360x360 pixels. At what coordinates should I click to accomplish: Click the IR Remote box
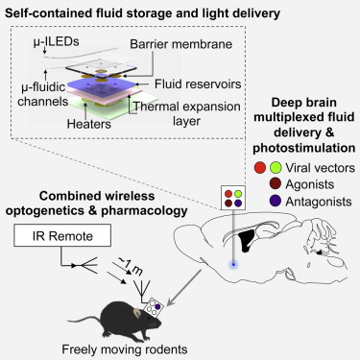coord(62,235)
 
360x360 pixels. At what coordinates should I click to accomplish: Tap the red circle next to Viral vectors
coord(260,168)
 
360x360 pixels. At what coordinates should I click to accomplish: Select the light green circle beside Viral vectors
coord(276,168)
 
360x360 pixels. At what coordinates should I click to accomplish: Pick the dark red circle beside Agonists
coord(276,184)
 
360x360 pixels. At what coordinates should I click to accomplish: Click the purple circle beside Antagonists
coord(276,201)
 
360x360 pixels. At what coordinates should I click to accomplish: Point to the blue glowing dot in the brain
coord(233,264)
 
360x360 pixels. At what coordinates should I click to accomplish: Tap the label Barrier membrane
coord(181,44)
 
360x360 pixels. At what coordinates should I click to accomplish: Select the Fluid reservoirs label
coord(198,84)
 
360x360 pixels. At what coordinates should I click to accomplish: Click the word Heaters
coord(89,124)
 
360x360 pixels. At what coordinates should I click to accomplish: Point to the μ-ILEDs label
coord(57,41)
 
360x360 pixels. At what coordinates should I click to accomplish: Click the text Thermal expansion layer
coord(187,114)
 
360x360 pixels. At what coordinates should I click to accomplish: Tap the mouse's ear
coord(137,312)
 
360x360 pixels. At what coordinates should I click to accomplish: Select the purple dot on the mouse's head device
coord(157,306)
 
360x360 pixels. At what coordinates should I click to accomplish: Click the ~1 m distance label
coord(132,266)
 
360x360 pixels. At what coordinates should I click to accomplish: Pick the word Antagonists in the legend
coord(319,202)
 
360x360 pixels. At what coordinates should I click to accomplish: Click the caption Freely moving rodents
coord(125,349)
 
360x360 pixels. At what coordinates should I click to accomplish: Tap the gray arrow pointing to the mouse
coord(184,287)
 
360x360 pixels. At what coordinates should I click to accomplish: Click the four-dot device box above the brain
coord(233,198)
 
